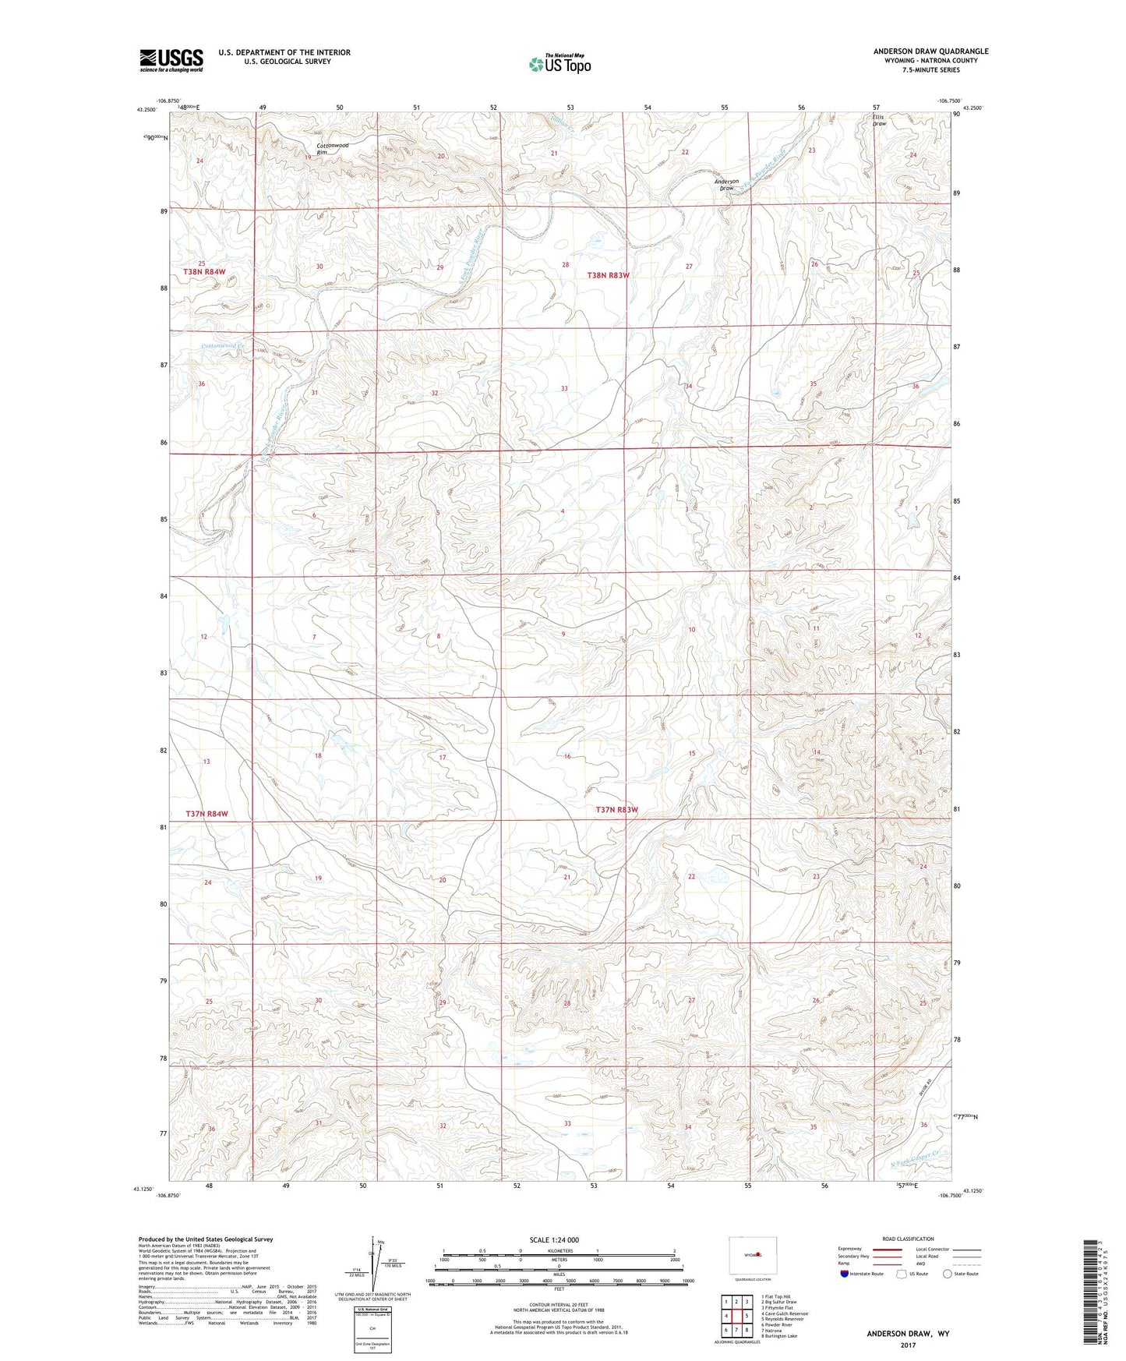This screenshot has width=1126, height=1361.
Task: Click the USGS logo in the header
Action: tap(171, 60)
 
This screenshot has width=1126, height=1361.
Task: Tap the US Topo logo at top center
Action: tap(559, 64)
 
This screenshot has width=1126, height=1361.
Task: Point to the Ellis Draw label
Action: tap(879, 120)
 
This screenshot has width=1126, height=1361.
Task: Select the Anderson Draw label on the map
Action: tap(726, 185)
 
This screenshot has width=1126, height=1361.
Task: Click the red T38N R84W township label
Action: tap(204, 272)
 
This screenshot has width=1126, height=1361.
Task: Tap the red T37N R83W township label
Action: tap(616, 810)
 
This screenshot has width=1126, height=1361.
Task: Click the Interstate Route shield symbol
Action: tap(845, 1274)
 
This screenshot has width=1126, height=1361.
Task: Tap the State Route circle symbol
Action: tap(948, 1274)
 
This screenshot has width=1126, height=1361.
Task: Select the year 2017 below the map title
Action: tap(907, 1345)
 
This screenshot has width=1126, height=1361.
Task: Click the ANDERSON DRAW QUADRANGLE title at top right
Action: tap(930, 51)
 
